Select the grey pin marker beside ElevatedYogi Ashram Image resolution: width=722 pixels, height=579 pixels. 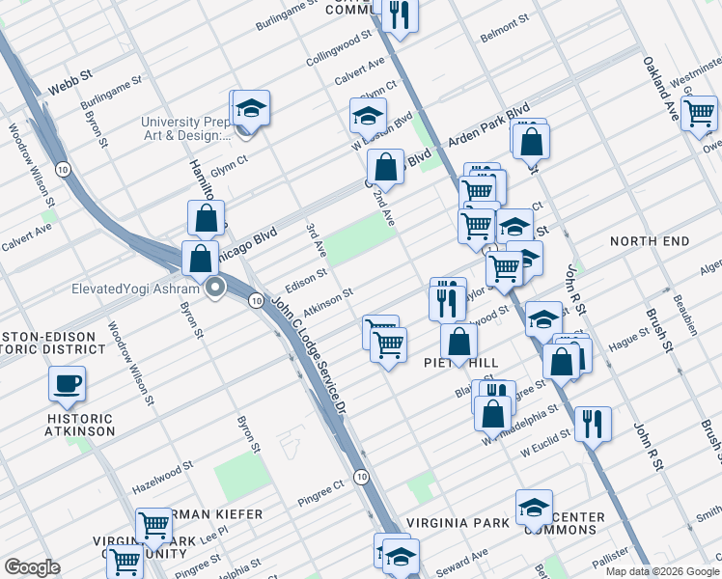pos(216,288)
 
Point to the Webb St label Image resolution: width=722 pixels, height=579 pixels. pos(69,86)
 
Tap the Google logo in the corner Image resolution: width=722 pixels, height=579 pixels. pos(32,567)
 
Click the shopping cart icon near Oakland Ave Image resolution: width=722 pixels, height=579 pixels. pos(699,113)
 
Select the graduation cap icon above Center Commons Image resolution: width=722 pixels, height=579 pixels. pos(534,507)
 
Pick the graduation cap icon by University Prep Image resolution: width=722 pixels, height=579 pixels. pos(251,108)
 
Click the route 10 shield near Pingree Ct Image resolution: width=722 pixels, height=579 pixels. pos(360,476)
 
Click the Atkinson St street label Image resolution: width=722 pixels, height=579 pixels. pos(328,301)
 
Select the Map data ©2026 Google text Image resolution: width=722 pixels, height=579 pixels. pos(661,571)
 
